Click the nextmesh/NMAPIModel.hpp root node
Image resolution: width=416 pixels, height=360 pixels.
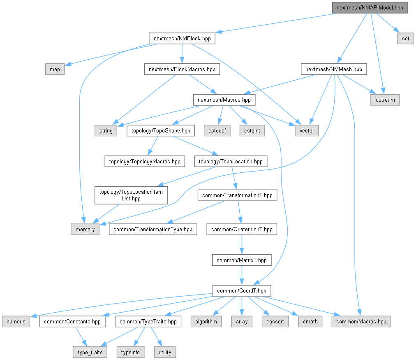tap(370, 8)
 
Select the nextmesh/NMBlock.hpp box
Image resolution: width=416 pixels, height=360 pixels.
tap(182, 39)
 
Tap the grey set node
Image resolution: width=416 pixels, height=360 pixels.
tap(405, 39)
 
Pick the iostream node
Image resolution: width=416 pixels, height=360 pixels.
tap(384, 100)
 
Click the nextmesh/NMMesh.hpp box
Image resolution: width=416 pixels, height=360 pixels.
tap(333, 69)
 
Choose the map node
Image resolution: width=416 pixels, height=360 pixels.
tap(55, 69)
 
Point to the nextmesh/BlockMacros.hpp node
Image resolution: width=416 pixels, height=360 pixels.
tap(182, 69)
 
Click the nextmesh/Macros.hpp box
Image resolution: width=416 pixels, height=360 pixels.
tap(224, 100)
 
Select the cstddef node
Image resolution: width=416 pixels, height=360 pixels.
tap(217, 130)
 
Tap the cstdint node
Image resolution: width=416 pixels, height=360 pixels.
tap(252, 130)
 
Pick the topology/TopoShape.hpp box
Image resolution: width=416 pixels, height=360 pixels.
tap(161, 130)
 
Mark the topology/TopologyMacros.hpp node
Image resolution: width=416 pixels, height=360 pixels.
tap(144, 161)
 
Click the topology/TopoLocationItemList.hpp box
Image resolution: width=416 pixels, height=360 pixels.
tap(131, 195)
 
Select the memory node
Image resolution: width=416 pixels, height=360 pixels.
tap(85, 229)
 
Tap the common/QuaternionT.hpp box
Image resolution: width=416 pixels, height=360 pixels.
tap(241, 229)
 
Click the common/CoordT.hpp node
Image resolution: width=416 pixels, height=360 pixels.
tap(241, 290)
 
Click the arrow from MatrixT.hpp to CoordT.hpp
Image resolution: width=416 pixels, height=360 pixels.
tap(241, 275)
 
